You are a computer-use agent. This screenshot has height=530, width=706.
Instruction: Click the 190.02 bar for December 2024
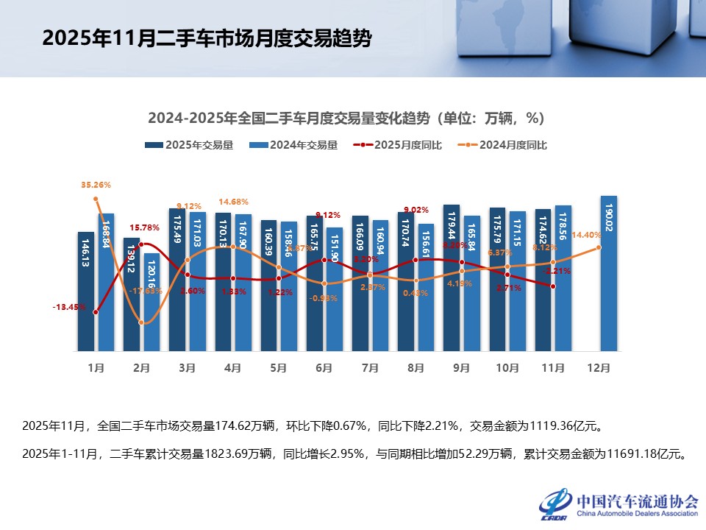click(609, 272)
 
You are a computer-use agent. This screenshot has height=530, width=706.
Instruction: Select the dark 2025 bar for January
click(86, 291)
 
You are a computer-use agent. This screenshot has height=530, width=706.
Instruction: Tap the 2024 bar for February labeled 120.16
click(151, 302)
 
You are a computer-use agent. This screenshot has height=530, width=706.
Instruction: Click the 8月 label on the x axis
click(416, 367)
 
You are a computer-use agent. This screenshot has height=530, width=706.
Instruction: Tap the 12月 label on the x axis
click(599, 367)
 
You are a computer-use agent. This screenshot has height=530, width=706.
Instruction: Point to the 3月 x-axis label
click(188, 367)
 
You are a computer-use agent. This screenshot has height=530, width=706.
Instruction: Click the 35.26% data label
click(96, 185)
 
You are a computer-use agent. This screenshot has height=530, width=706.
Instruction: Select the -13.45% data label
click(69, 307)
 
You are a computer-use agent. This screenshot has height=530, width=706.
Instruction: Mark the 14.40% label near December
click(586, 235)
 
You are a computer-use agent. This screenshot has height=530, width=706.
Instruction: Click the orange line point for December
click(599, 247)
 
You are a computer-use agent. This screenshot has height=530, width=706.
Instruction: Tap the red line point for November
click(552, 286)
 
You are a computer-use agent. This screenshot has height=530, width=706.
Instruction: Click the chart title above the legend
click(346, 118)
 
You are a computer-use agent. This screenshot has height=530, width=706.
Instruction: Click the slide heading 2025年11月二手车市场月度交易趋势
click(206, 38)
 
